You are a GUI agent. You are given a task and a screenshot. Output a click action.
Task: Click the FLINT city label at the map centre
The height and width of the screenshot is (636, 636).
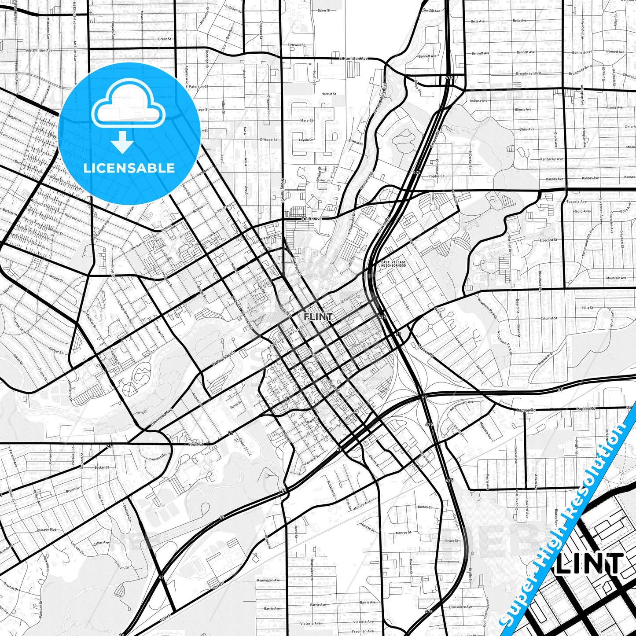point(318,316)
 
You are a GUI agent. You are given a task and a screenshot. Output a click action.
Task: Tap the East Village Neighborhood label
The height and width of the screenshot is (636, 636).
point(393,264)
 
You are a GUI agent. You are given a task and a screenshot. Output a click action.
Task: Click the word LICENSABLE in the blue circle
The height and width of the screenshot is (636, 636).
point(129,168)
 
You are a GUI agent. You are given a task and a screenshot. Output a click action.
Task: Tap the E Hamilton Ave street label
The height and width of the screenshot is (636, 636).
point(353,59)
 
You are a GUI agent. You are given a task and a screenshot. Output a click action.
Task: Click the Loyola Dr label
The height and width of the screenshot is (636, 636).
point(306,140)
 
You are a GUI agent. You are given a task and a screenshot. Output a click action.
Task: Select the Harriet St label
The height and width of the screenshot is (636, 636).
point(329,94)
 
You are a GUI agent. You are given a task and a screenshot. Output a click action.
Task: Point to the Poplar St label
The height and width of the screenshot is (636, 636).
point(436,176)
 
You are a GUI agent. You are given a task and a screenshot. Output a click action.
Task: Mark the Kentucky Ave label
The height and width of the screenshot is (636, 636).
point(551,159)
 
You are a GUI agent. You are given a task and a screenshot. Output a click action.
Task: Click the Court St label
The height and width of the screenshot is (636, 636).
point(195,444)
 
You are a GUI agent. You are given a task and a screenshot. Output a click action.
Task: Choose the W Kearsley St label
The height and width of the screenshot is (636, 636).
point(224,358)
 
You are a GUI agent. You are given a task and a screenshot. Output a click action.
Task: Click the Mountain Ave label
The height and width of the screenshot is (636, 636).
point(616,278)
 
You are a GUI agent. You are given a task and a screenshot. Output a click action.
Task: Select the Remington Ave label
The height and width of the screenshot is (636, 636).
point(268,581)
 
